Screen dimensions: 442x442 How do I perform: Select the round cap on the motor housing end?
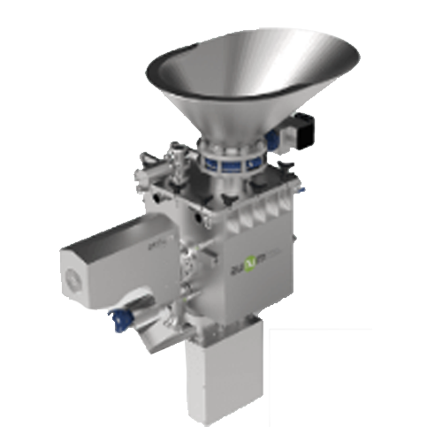pos(71,279)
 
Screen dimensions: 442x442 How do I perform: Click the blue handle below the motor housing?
pos(119,313)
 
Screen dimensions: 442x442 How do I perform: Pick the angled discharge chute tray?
pos(159,331)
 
